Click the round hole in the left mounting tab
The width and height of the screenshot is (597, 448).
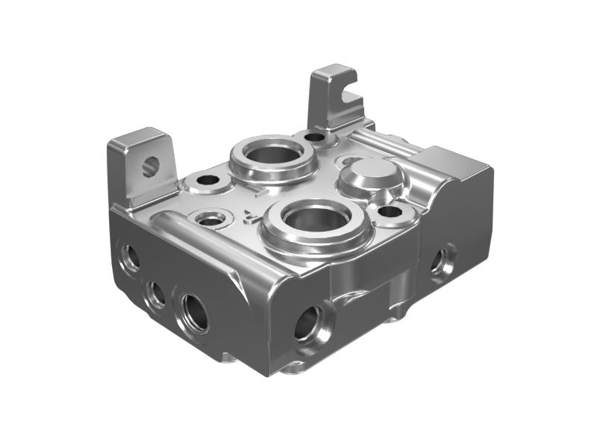point(150,166)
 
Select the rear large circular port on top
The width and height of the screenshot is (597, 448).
point(273,155)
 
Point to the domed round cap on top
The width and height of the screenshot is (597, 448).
point(371,175)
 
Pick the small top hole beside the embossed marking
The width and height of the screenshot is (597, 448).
point(212,219)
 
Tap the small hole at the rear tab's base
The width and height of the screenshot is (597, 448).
point(315,137)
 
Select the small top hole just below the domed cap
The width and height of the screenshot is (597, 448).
point(390,211)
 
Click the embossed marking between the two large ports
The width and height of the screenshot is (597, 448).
point(251,217)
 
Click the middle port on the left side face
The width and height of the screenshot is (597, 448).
point(155,293)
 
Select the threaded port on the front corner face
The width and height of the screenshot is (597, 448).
point(307,323)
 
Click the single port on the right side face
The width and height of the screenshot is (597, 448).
point(440,261)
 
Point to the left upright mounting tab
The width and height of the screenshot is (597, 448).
point(142,168)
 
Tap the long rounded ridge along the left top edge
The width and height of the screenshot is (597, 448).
point(201,235)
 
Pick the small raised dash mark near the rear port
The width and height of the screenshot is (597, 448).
point(255,193)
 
